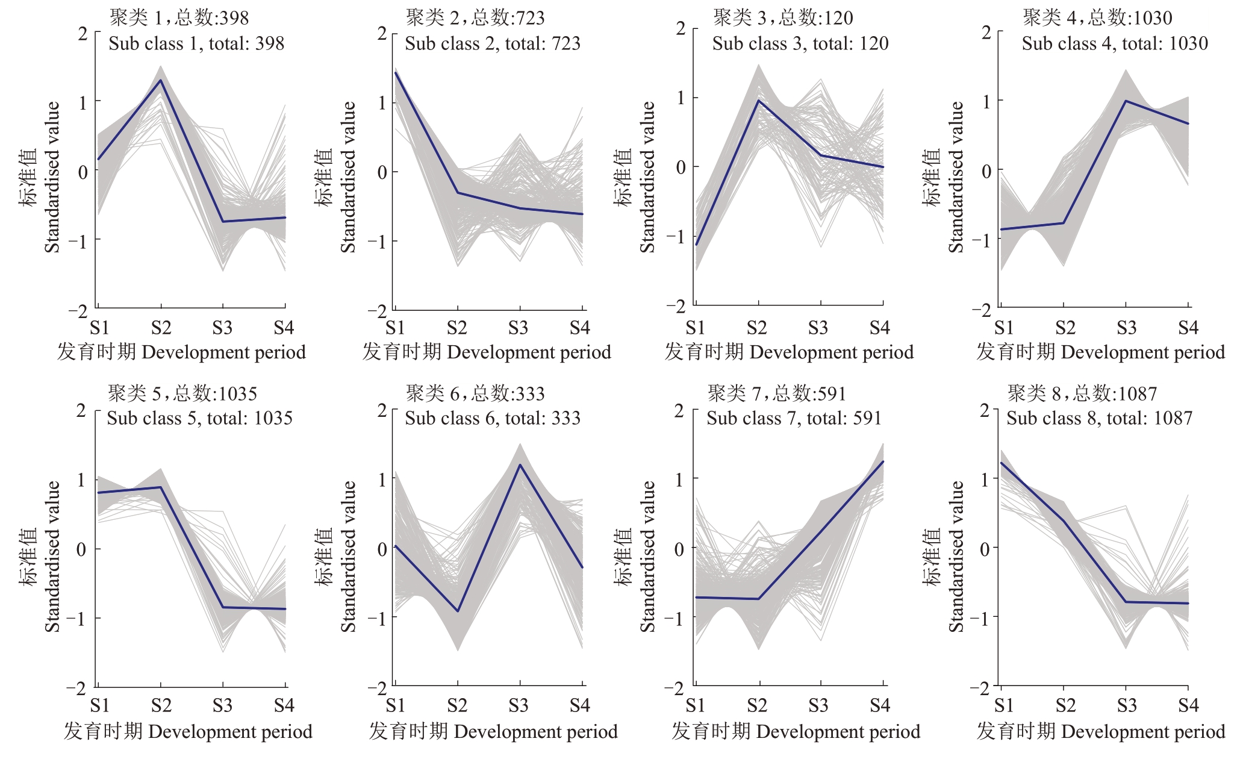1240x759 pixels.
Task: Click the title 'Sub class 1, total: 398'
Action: pos(196,43)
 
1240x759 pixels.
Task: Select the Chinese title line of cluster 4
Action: pos(1097,18)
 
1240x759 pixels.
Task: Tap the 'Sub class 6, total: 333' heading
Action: pos(493,418)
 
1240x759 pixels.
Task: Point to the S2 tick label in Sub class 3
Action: pos(757,328)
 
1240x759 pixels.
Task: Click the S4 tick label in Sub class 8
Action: pos(1188,705)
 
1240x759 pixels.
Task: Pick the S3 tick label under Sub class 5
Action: pos(222,705)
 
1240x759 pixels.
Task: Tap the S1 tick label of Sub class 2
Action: pos(395,328)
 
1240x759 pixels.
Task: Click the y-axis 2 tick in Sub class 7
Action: pos(679,411)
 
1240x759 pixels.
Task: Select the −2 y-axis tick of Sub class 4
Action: pos(982,310)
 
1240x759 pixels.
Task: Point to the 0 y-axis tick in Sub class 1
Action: pos(83,172)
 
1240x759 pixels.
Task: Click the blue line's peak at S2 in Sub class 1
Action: pos(161,80)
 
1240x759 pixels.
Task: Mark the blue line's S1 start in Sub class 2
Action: pos(396,73)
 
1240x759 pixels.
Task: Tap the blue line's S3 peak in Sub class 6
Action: pos(520,464)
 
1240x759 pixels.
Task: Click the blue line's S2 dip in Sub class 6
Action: pos(458,611)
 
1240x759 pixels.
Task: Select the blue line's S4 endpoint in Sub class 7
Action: pos(883,461)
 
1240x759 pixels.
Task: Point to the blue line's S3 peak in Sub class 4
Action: pos(1126,101)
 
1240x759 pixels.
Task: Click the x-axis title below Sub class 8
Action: pos(1101,731)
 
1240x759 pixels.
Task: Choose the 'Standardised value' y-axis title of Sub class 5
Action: pos(53,556)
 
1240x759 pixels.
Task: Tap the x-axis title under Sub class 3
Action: pos(789,352)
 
